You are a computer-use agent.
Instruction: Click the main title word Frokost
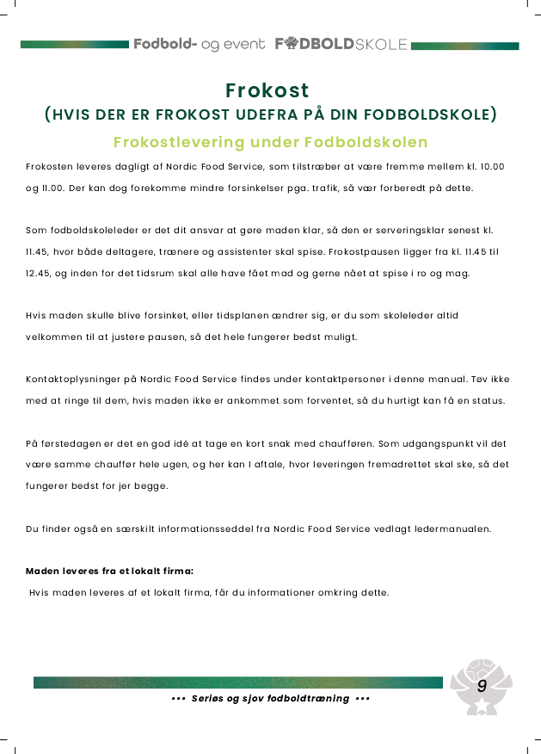point(267,90)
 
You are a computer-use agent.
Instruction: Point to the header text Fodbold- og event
point(199,44)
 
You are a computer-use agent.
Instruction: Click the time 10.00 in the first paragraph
point(490,165)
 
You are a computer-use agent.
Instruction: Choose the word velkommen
point(52,337)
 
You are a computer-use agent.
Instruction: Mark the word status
point(490,400)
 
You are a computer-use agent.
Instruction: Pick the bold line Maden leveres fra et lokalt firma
point(108,571)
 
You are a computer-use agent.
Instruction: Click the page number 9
point(482,686)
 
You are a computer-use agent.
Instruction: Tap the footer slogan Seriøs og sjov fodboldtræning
point(271,698)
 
